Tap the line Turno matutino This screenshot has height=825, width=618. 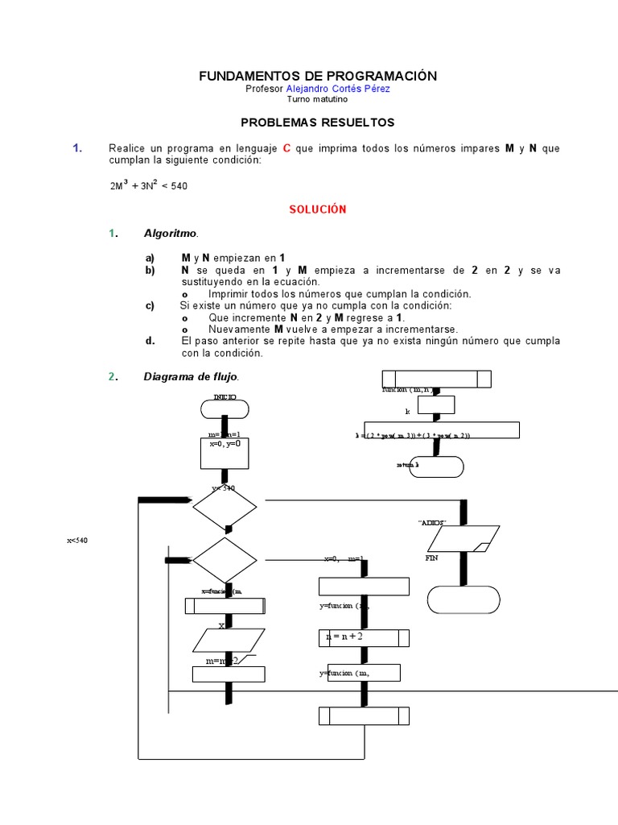click(x=317, y=99)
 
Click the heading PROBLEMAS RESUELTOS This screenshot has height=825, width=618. click(x=318, y=122)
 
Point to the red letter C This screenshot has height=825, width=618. click(x=286, y=148)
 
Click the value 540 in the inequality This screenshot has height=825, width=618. click(x=179, y=186)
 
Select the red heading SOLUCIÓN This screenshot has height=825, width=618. click(x=318, y=209)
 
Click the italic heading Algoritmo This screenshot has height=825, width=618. click(x=170, y=234)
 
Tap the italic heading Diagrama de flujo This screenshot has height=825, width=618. click(x=191, y=376)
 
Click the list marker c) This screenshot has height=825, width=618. click(x=150, y=306)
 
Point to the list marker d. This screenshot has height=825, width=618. click(x=150, y=341)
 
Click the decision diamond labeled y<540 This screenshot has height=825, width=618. click(x=225, y=508)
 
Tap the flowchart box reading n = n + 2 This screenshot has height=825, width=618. click(x=364, y=637)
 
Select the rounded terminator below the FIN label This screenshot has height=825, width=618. click(x=463, y=600)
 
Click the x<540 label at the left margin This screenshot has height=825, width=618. click(x=76, y=540)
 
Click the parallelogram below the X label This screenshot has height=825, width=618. click(x=229, y=641)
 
